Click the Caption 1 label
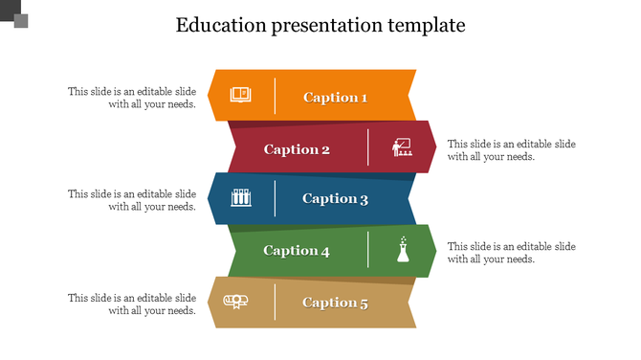[x=335, y=97]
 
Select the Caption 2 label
[x=297, y=149]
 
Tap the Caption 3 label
[x=335, y=199]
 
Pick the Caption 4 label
[x=297, y=251]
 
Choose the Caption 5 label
[x=335, y=303]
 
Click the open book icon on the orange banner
[x=240, y=95]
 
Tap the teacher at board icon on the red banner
[x=402, y=147]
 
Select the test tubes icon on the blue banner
[x=241, y=198]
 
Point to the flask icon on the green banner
[x=404, y=250]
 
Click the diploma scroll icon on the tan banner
[x=235, y=302]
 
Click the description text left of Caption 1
[x=132, y=98]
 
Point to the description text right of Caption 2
[x=512, y=150]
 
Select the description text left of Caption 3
[x=132, y=200]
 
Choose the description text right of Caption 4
[x=512, y=253]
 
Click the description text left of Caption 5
[x=132, y=304]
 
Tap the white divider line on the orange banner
[x=276, y=95]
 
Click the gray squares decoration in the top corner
[x=15, y=14]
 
